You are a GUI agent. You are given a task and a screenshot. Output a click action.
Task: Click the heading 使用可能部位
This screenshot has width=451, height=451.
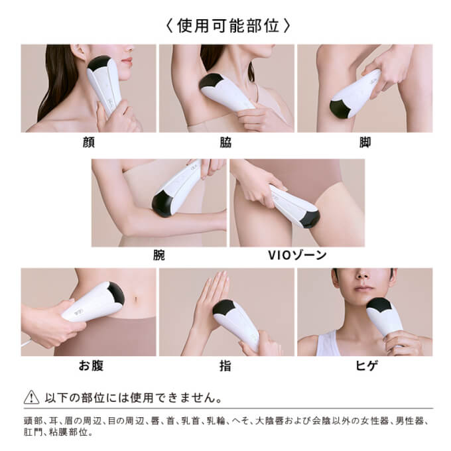(x=226, y=26)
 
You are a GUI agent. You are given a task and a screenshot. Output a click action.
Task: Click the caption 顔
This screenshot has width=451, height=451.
(x=88, y=143)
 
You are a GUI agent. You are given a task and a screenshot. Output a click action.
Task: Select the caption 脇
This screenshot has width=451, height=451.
(x=226, y=143)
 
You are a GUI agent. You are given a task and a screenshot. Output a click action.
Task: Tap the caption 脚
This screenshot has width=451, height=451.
(x=364, y=143)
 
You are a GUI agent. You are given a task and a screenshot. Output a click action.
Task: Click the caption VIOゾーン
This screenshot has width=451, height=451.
(x=296, y=255)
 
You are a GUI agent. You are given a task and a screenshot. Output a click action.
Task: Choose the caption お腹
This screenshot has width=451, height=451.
(x=88, y=365)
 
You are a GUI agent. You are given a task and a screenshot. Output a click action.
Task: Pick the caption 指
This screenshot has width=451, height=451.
(x=226, y=365)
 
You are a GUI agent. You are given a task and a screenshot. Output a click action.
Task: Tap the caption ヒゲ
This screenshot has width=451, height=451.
(x=364, y=365)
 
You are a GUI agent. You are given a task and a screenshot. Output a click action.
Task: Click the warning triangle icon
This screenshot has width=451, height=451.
(x=31, y=398)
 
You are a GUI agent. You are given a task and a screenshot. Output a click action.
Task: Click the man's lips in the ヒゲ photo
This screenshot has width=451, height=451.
(x=363, y=289)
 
